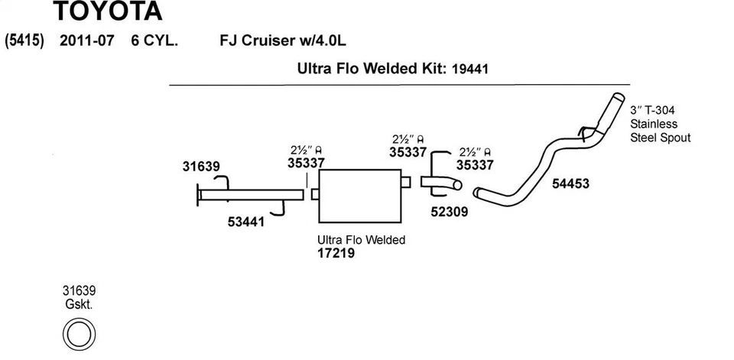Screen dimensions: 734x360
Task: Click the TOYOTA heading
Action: coord(107,11)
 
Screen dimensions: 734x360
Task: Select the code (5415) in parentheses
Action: coord(24,41)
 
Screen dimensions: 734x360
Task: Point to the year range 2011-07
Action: coord(86,41)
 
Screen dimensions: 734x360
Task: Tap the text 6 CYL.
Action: coord(154,41)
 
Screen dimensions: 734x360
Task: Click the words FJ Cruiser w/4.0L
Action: coord(283,41)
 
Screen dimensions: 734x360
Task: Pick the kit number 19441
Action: coord(470,70)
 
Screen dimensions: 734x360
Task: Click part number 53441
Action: coord(246,222)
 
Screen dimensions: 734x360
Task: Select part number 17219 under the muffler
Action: coord(336,253)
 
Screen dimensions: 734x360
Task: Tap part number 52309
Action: coord(450,212)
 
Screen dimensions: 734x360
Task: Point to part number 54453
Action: coord(570,183)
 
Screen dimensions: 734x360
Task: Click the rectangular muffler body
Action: coord(360,196)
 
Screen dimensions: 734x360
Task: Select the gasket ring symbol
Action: coord(79,334)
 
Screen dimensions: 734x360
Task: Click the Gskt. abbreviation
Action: coord(79,305)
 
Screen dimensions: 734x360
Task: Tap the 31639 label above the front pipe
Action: coord(201,166)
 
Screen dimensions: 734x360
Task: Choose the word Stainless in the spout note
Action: coord(654,124)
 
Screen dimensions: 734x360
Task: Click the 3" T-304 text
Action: coord(652,111)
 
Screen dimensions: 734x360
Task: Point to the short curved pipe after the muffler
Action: coord(441,183)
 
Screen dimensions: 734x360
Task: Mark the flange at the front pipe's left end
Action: coord(198,194)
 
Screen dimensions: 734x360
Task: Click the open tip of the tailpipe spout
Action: coord(619,96)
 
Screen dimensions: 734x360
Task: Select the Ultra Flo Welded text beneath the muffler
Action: coord(362,240)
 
